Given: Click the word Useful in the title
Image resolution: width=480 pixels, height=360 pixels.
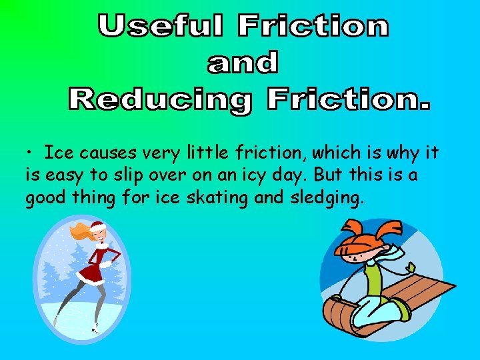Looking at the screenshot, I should (161, 27).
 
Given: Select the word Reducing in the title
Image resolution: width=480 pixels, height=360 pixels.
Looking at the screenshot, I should (160, 100).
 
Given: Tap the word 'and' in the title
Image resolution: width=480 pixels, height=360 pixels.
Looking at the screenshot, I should (242, 63).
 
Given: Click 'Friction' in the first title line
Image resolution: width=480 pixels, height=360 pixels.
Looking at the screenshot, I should (313, 27).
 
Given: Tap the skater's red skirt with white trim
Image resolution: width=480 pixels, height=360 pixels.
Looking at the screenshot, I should (90, 272).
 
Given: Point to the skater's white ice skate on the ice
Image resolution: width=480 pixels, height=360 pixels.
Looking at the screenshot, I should (96, 327).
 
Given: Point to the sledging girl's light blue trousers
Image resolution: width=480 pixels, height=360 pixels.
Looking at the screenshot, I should (380, 310).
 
